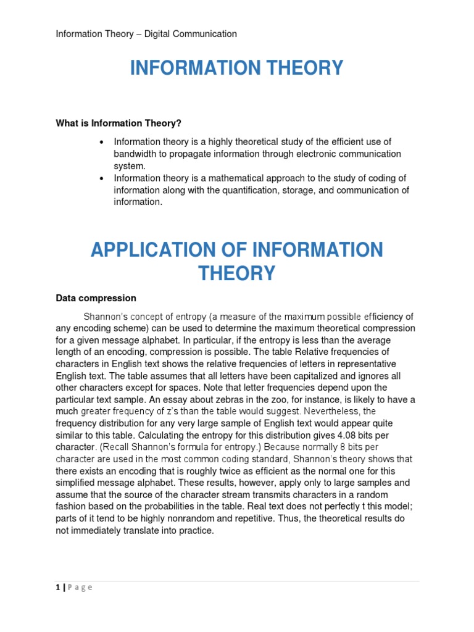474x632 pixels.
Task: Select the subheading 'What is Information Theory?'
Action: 118,123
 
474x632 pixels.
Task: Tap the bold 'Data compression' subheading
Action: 96,298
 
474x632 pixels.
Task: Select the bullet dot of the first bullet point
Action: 101,142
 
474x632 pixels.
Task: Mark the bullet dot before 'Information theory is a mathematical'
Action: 101,179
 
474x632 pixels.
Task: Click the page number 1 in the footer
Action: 57,588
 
